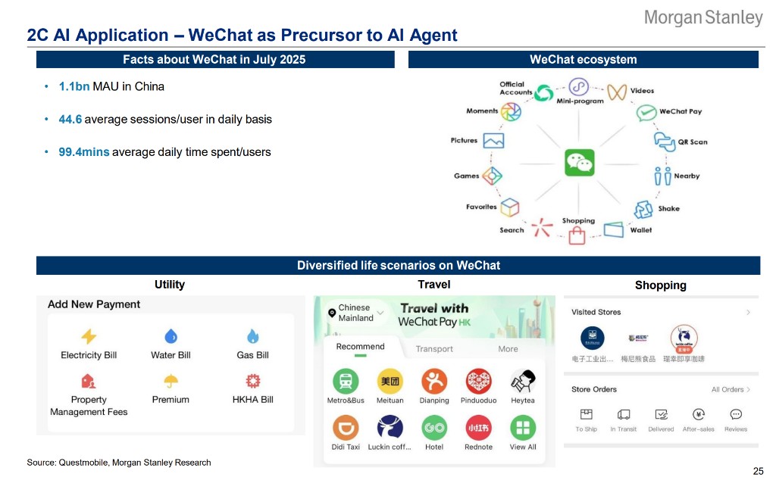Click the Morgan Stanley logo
pyautogui.click(x=702, y=17)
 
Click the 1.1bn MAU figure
pyautogui.click(x=74, y=86)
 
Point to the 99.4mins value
pyautogui.click(x=84, y=152)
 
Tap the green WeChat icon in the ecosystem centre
pyautogui.click(x=580, y=163)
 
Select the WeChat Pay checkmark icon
pyautogui.click(x=646, y=113)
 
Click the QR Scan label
pyautogui.click(x=693, y=142)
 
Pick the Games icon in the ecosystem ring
pyautogui.click(x=493, y=176)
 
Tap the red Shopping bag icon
pyautogui.click(x=577, y=235)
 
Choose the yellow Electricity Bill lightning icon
pyautogui.click(x=89, y=336)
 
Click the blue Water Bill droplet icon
pyautogui.click(x=171, y=336)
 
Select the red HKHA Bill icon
pyautogui.click(x=252, y=381)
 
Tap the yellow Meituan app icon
pyautogui.click(x=390, y=381)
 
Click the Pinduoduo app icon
pyautogui.click(x=478, y=381)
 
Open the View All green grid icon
pyautogui.click(x=522, y=428)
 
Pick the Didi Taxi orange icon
pyautogui.click(x=345, y=428)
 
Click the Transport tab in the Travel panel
pyautogui.click(x=434, y=349)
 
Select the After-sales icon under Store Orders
pyautogui.click(x=699, y=415)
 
